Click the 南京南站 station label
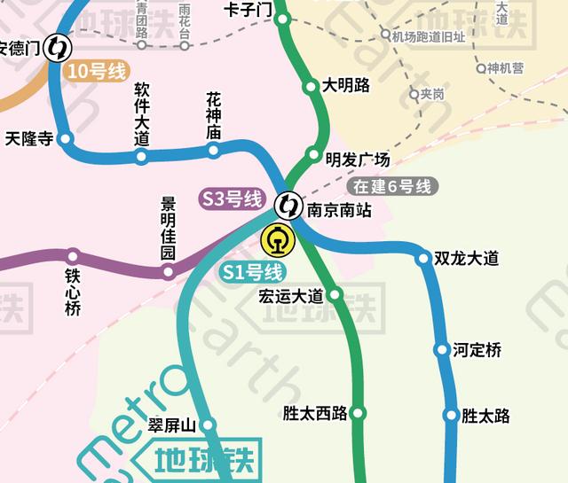[x=338, y=211]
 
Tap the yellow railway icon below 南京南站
[x=278, y=239]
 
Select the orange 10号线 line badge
[x=97, y=72]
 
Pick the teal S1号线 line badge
[x=252, y=272]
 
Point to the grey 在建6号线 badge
[x=390, y=186]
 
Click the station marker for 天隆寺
[x=65, y=139]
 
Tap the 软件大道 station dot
[x=140, y=157]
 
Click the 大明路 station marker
[x=311, y=87]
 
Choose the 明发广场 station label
[x=358, y=160]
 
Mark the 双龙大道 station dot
[x=423, y=259]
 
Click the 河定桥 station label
[x=477, y=350]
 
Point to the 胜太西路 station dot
[x=359, y=413]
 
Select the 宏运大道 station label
[x=291, y=295]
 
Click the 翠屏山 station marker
[x=209, y=425]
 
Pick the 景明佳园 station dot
[x=168, y=271]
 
